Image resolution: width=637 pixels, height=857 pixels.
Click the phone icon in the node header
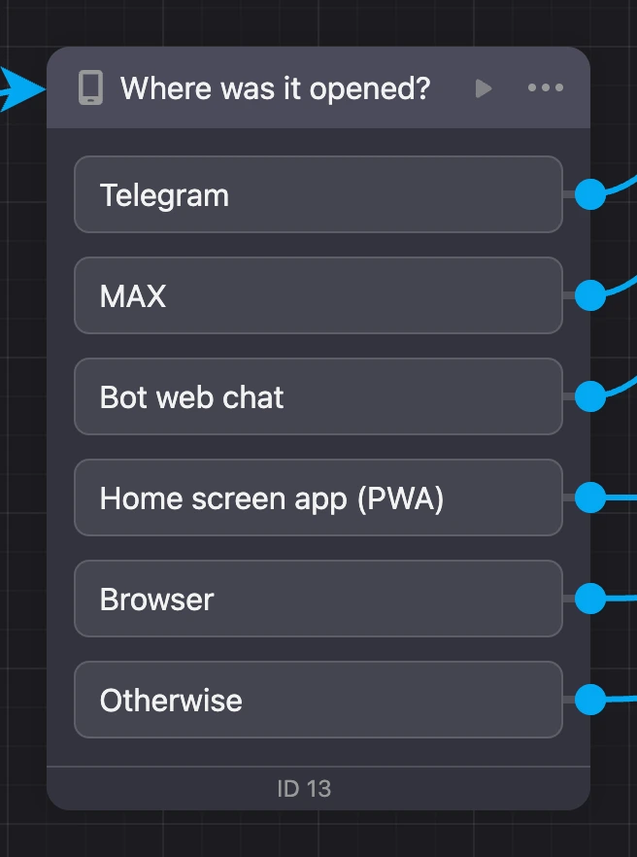point(90,87)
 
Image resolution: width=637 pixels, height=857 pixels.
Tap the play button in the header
point(484,88)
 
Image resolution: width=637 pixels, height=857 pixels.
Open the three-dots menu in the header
point(545,87)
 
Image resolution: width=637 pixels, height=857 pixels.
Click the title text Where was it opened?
point(276,88)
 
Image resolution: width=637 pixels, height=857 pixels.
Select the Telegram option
point(318,194)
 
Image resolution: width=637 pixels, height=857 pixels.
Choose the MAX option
point(318,295)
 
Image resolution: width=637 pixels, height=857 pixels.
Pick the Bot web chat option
point(318,396)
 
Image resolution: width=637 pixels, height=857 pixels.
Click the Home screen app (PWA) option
point(318,497)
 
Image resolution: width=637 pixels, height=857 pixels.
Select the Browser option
point(318,599)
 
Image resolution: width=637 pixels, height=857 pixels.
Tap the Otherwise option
point(318,701)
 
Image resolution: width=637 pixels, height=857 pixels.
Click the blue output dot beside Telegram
point(590,194)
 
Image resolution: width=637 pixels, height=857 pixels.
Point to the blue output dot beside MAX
point(590,295)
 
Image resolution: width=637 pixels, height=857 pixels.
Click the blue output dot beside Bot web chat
point(590,396)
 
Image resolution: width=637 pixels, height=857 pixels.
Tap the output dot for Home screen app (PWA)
point(590,497)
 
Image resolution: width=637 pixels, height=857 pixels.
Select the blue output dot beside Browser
point(590,598)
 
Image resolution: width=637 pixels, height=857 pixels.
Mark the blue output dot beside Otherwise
point(590,699)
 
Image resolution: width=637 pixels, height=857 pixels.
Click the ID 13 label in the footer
point(304,789)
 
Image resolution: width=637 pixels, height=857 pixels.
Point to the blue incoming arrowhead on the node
point(22,88)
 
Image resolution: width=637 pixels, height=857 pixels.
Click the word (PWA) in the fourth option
point(400,498)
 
